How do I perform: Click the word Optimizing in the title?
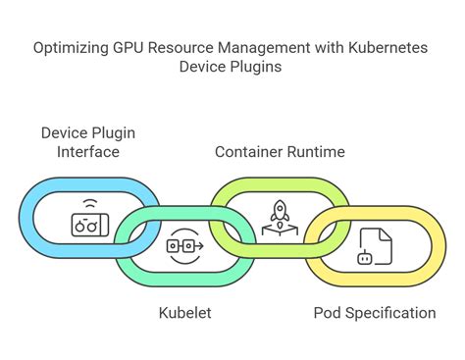[72, 46]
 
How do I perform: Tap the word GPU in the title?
[129, 46]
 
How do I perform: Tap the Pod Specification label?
[375, 313]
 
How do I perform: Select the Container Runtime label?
[280, 152]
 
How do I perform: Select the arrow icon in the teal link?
[185, 245]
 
